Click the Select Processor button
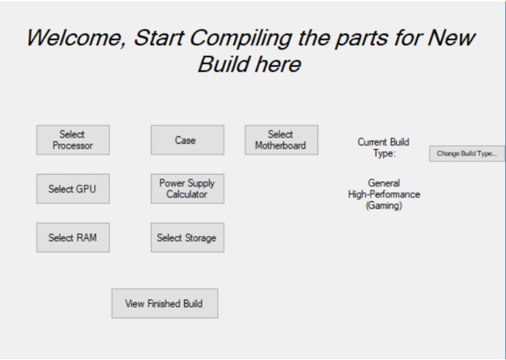coord(73,140)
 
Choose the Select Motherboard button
coord(281,140)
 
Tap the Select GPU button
coord(73,189)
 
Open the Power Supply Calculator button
coord(187,189)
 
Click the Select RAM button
coord(73,238)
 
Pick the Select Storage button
coord(187,238)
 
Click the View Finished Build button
coord(165,303)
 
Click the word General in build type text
coord(384,184)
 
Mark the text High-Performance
coord(384,195)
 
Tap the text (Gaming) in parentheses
coord(384,206)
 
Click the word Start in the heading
coord(162,38)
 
